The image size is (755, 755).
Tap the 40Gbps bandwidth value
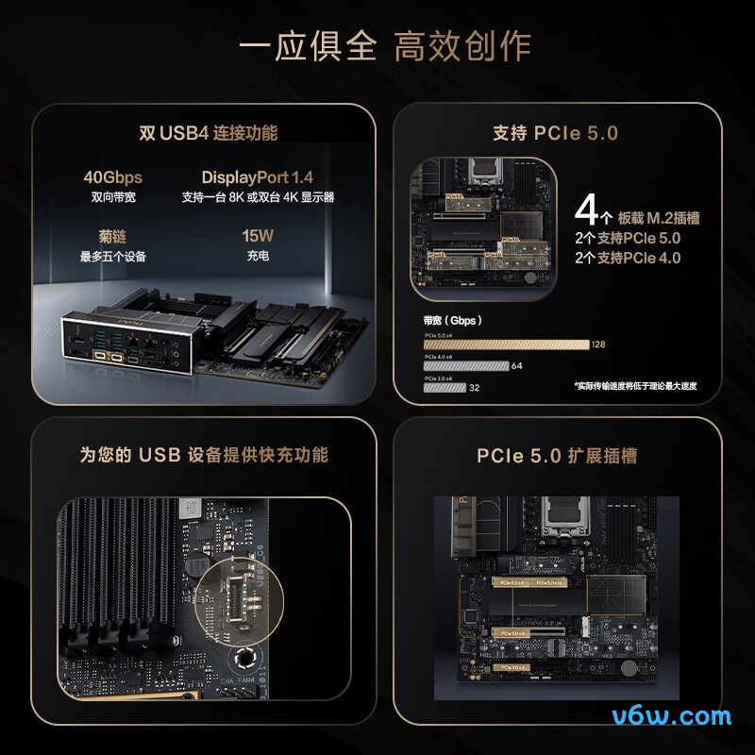coord(112,177)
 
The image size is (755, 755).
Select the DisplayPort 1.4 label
coord(257,177)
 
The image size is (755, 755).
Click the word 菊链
coord(112,236)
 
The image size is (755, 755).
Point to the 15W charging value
coord(257,236)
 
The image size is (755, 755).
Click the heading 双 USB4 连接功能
coord(209,133)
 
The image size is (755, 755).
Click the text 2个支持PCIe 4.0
coord(628,258)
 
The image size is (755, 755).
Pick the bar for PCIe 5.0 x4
coord(507,344)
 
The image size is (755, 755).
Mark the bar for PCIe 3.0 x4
coord(445,387)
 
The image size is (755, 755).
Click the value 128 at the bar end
coord(598,344)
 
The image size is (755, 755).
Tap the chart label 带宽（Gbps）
coord(452,320)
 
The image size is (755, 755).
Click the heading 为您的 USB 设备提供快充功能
coord(204,455)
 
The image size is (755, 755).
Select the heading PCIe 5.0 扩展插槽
coord(557,456)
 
